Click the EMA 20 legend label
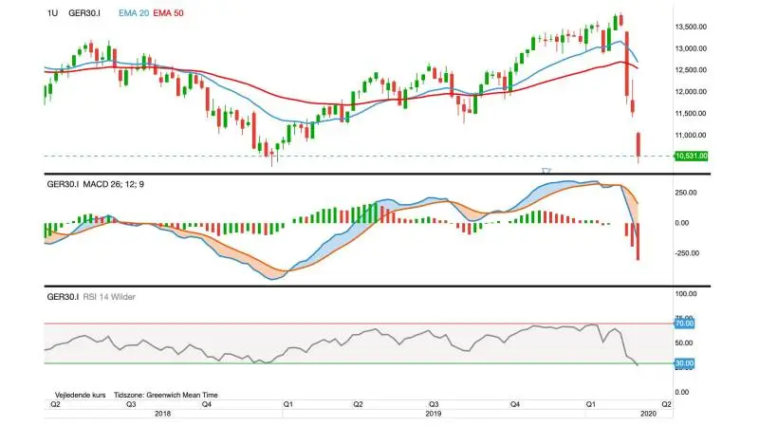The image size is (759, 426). coord(134,13)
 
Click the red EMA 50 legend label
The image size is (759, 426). coord(169,13)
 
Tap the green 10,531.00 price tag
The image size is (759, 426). coord(692,156)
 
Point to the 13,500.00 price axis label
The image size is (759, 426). coord(691,27)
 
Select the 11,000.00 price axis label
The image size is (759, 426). coord(691,135)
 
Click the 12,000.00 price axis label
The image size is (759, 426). coord(691,91)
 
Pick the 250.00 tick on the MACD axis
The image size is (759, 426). coord(685,193)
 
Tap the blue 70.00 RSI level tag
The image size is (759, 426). coord(684,324)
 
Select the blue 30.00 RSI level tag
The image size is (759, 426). coord(684,363)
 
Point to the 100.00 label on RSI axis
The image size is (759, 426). coord(685,294)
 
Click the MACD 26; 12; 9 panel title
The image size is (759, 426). coord(113,184)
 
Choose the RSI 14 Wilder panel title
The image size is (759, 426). coord(109,297)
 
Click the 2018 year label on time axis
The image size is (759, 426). coord(162,414)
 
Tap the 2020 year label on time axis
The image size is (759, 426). coord(648,414)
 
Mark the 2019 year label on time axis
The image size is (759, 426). coord(434,414)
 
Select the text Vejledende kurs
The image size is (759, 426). coord(81,395)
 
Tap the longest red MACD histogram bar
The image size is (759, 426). coord(638,242)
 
